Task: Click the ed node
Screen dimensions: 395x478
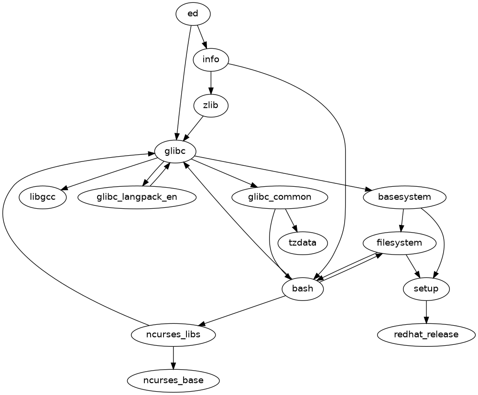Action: pos(193,14)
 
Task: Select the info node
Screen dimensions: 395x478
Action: pos(211,60)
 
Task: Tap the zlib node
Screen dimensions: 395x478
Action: pos(211,105)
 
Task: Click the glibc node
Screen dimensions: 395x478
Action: pos(174,151)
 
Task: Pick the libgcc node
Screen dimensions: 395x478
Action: pos(43,197)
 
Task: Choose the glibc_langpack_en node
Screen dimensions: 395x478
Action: pos(137,197)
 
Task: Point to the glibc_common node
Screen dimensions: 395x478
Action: pos(280,197)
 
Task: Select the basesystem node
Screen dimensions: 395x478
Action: pos(405,197)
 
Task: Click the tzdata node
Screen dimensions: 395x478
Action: pos(303,243)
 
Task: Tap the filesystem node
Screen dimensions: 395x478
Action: pos(399,243)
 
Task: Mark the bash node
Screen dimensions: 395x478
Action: pos(303,288)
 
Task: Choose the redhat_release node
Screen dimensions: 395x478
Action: pos(426,334)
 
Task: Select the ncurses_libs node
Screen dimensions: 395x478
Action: pos(173,334)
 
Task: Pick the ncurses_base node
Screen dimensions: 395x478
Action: pos(173,381)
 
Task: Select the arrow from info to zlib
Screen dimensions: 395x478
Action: pos(211,82)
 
